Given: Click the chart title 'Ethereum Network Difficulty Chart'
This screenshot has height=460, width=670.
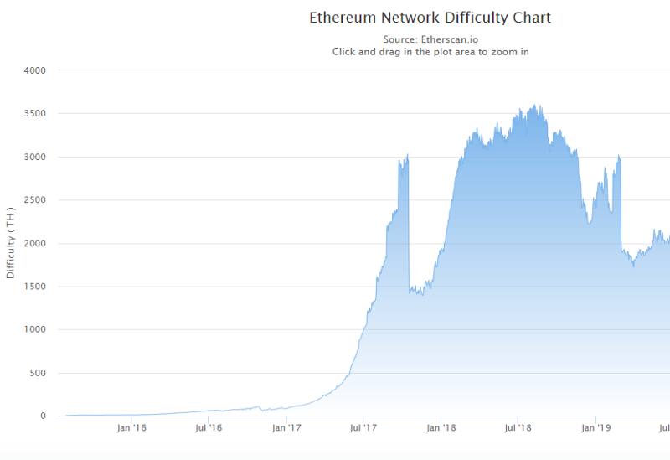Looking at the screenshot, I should click(x=430, y=17).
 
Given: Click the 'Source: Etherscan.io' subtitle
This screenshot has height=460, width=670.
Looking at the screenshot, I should click(x=430, y=39).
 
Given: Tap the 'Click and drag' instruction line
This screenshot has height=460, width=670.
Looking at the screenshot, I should click(x=430, y=51).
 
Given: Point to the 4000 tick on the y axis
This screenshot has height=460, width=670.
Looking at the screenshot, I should click(x=34, y=70).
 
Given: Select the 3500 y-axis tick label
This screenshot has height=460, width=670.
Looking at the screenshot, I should click(x=34, y=114).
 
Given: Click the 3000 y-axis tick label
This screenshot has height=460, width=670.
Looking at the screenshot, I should click(x=34, y=157).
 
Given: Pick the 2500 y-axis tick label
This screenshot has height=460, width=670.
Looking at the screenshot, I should click(x=34, y=200).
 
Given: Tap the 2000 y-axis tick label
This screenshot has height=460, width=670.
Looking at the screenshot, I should click(x=34, y=244).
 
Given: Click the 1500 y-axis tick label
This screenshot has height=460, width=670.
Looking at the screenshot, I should click(x=34, y=287).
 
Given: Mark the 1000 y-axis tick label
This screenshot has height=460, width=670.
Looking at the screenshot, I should click(x=34, y=330).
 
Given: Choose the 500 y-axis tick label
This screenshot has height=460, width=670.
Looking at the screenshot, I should click(x=37, y=374).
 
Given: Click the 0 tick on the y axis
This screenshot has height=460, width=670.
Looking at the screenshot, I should click(x=42, y=416).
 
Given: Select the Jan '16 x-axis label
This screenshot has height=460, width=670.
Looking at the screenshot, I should click(x=131, y=428).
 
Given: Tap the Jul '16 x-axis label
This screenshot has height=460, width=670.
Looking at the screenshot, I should click(x=209, y=428).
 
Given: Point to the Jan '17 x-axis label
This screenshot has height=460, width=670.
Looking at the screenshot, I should click(x=286, y=428).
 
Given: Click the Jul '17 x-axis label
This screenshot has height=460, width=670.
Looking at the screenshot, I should click(x=363, y=428).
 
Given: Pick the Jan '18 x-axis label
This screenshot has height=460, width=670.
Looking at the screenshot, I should click(x=441, y=428).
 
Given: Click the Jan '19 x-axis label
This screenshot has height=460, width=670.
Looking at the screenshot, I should click(x=596, y=428).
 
